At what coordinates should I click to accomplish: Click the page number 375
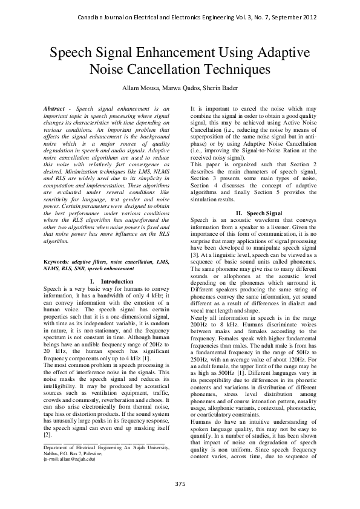[x=180, y=484]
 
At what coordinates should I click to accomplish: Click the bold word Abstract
[x=55, y=108]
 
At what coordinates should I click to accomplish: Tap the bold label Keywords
[x=56, y=279]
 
